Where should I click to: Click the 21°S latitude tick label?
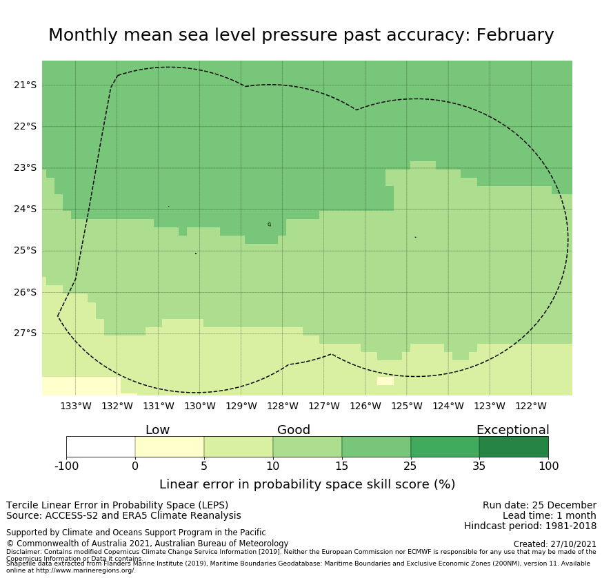coord(26,85)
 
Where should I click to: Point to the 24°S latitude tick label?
coord(26,209)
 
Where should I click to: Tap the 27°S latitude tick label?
coord(26,333)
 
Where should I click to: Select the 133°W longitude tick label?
coord(76,406)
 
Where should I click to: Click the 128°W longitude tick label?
coord(283,406)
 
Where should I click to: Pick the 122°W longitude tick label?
coord(531,406)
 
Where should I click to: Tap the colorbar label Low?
coord(157,430)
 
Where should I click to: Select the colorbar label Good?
coord(294,430)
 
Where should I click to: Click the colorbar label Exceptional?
coord(512,430)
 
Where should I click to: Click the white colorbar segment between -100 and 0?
coord(101,446)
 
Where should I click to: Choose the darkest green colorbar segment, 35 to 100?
coord(514,446)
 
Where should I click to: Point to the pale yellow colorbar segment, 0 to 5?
coord(170,446)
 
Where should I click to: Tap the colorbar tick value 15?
coord(341,466)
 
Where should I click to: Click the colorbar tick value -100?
coord(66,466)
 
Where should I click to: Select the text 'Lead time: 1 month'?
coord(549,515)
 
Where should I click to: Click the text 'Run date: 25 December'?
coord(539,505)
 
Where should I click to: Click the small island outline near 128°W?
coord(269,225)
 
